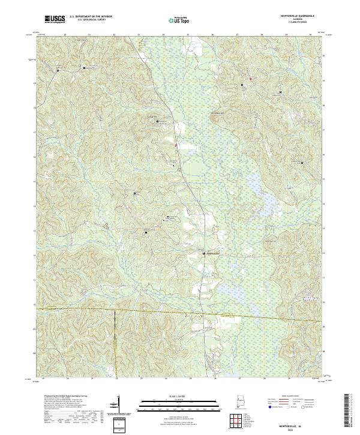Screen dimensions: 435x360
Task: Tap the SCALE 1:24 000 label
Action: click(x=179, y=397)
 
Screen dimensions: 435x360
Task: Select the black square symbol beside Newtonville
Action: click(x=203, y=253)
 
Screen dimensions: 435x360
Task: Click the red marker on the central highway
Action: click(x=176, y=144)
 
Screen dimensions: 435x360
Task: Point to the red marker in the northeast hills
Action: click(x=250, y=79)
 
